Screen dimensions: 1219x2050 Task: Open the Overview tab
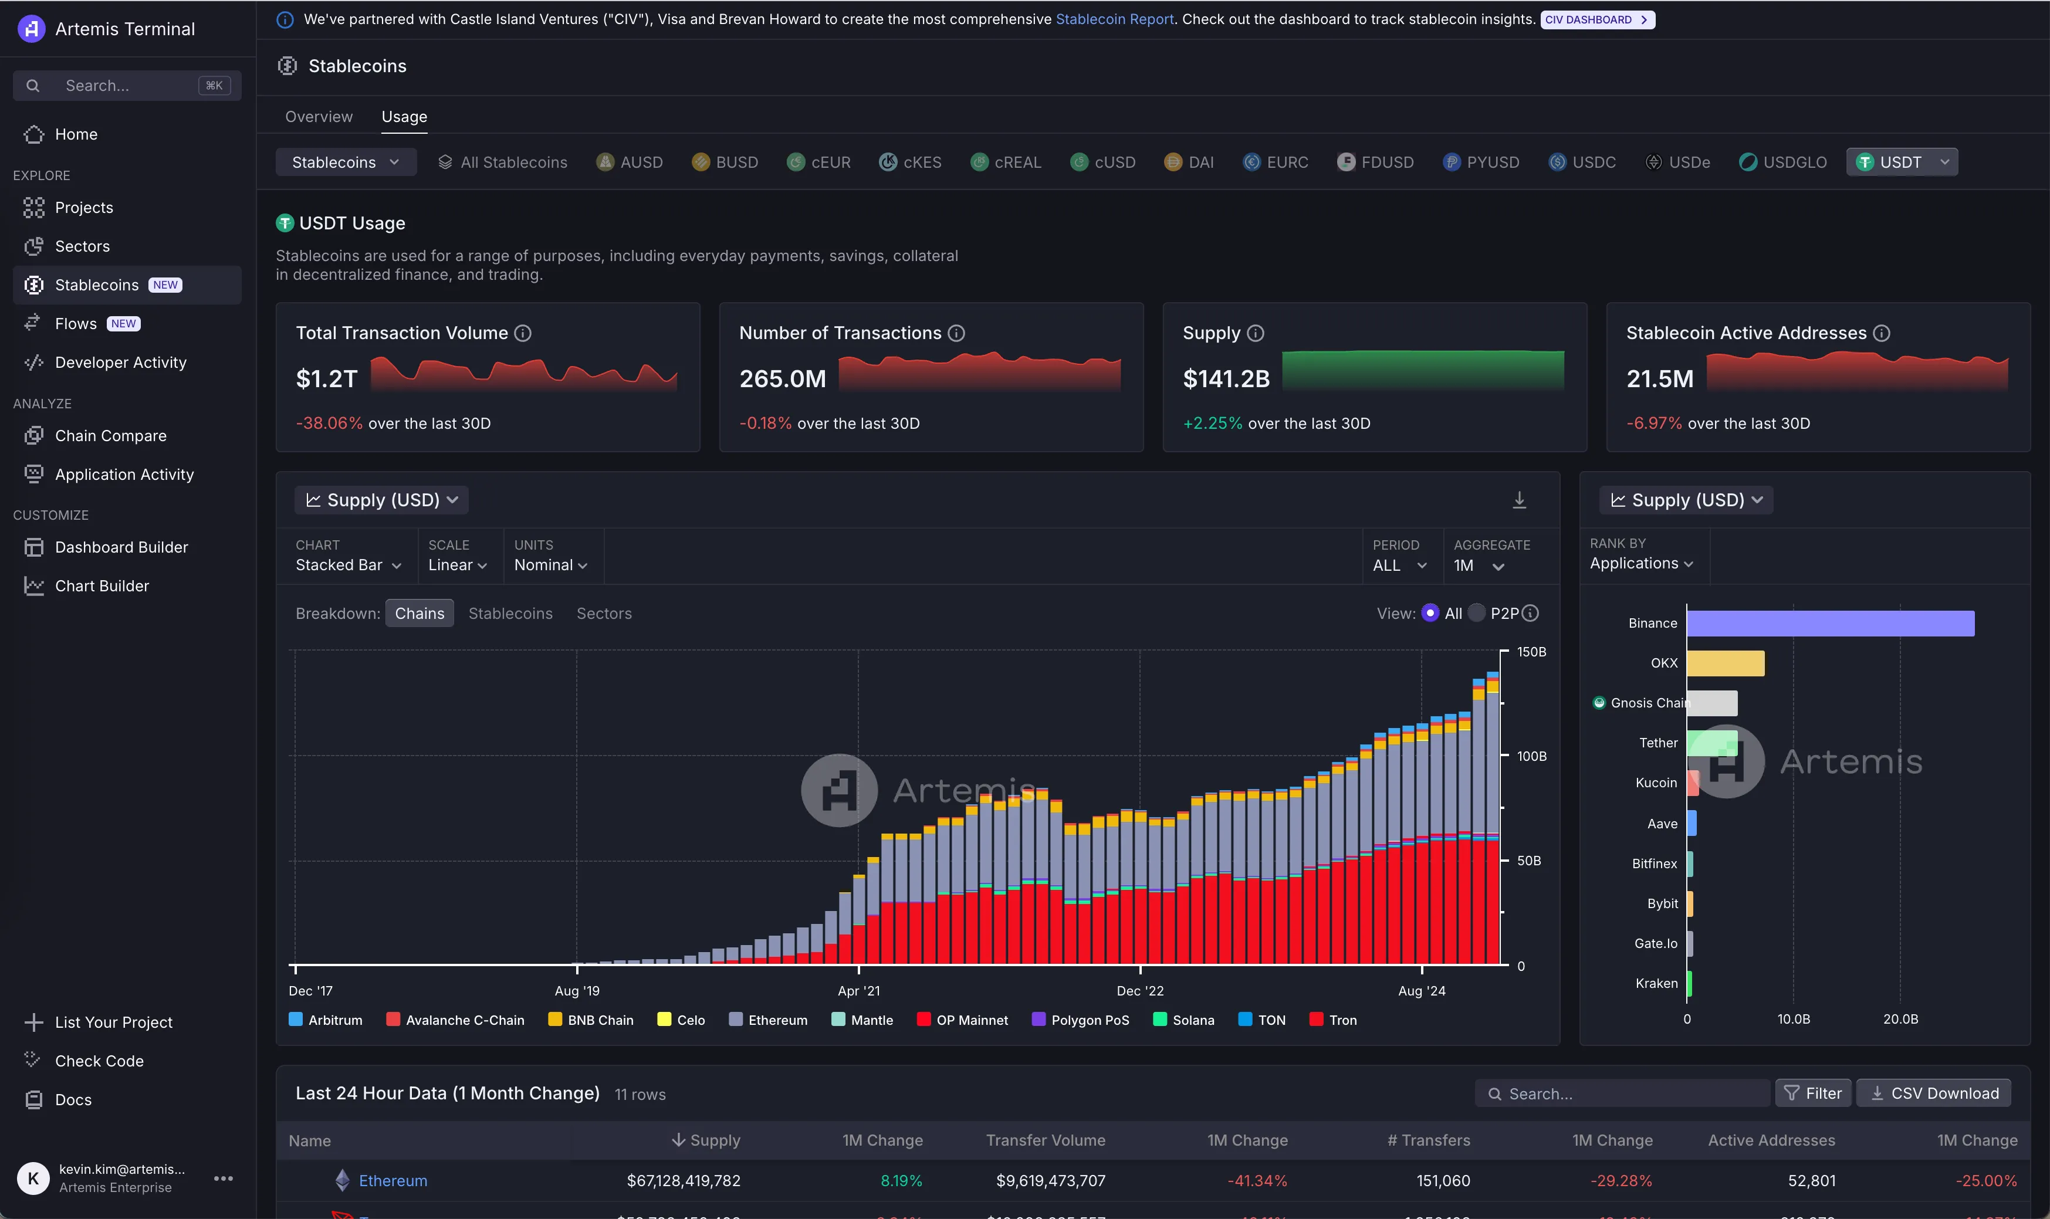click(x=319, y=117)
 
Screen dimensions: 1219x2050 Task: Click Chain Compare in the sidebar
click(x=110, y=435)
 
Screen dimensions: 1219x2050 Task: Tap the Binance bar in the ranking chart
click(x=1830, y=624)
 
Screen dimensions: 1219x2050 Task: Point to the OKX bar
click(x=1725, y=663)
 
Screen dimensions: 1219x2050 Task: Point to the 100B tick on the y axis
click(x=1531, y=756)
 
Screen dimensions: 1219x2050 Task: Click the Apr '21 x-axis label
click(x=858, y=991)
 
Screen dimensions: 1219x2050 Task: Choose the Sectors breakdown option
click(x=604, y=614)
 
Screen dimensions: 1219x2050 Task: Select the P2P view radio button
click(x=1476, y=613)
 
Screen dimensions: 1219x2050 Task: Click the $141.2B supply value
click(x=1226, y=379)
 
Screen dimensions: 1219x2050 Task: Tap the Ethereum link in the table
click(x=393, y=1180)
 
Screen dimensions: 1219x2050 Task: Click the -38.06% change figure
click(x=329, y=423)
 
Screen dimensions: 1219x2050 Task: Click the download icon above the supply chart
click(x=1518, y=500)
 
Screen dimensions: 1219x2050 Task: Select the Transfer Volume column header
click(x=1045, y=1140)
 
